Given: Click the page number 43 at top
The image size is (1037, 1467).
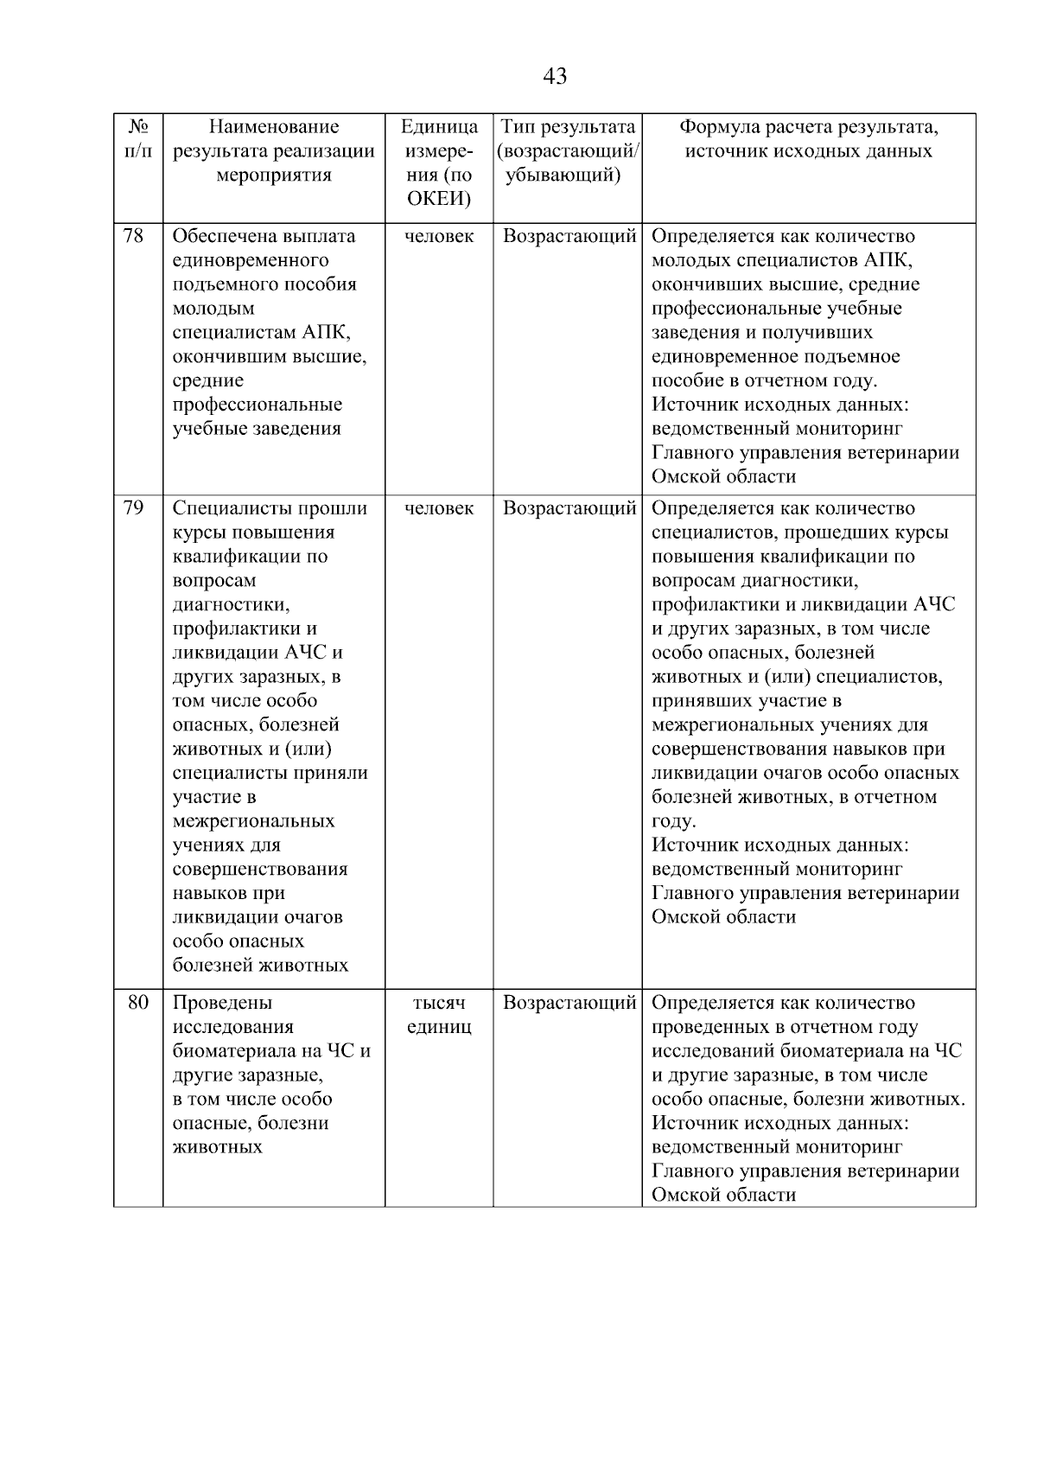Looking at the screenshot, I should pos(555,77).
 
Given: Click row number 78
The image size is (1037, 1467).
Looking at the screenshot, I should pos(134,236).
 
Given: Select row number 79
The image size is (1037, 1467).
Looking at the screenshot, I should pos(134,508).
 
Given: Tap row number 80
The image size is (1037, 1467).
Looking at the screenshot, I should pos(137,1003).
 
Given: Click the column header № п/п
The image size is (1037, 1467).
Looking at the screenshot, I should pos(137,139).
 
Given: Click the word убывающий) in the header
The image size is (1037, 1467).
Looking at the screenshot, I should pos(563,175).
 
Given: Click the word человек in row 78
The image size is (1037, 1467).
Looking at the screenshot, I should pos(439,236).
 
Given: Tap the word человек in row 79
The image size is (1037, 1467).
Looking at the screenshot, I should pos(439,508).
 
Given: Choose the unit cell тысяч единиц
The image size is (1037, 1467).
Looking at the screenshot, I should pos(439,1015).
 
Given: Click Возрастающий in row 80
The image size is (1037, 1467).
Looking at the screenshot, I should pos(569,1003).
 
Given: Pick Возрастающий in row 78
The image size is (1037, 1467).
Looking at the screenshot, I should pos(569,236).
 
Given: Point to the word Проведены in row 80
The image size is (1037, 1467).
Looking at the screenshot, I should pos(222,1003).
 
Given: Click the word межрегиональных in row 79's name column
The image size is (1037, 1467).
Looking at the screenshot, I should pos(253,821).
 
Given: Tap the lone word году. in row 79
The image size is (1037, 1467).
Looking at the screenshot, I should pos(673,821).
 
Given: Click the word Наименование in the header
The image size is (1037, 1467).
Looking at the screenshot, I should pos(274,127).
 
